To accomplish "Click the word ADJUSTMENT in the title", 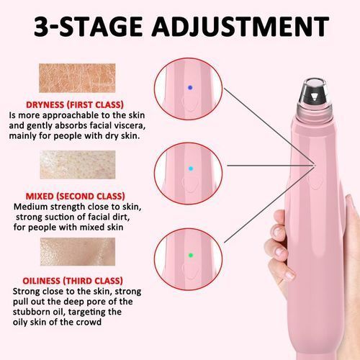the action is click(240, 26).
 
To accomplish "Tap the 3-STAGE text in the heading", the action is click(88, 26).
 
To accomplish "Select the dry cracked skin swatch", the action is click(77, 78).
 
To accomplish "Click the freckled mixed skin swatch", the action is click(78, 165).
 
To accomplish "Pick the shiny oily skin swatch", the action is click(78, 251).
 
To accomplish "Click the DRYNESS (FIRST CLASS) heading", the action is click(75, 105).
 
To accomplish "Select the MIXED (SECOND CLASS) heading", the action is click(75, 197).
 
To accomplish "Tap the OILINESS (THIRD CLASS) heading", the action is click(73, 281).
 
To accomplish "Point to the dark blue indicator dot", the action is click(190, 88).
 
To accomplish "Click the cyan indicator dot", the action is click(191, 168).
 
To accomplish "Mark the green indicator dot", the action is click(191, 255).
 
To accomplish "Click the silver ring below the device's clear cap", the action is click(310, 110).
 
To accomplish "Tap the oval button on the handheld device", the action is click(315, 181).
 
